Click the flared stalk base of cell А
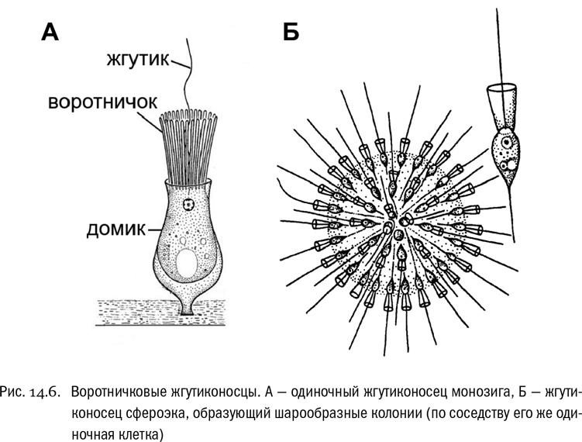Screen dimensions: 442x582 tap(188, 306)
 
